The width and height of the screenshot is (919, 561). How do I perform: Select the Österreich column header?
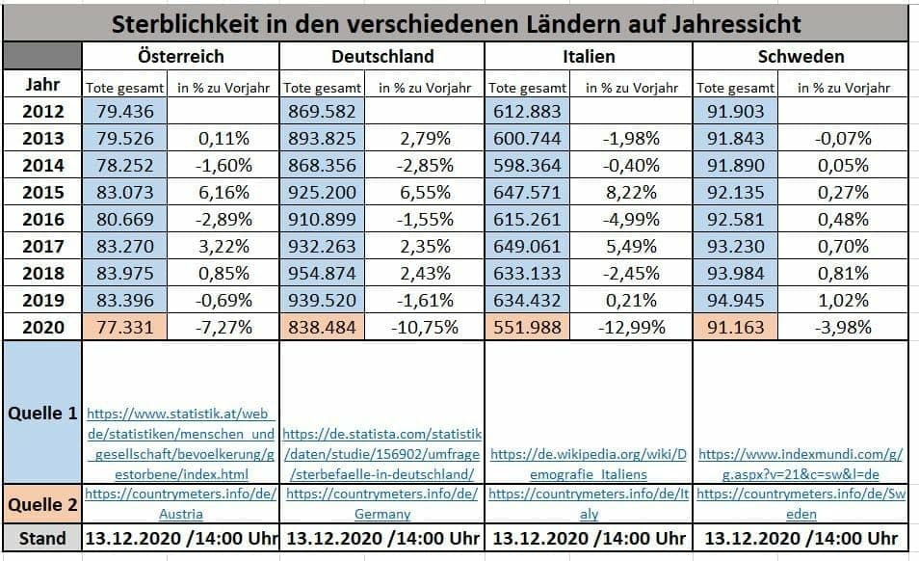(x=180, y=56)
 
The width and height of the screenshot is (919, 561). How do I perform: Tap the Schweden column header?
(x=800, y=56)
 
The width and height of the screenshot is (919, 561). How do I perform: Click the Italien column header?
(x=589, y=56)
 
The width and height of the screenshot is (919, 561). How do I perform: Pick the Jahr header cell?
(x=42, y=85)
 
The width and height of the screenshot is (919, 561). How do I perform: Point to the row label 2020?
(x=42, y=327)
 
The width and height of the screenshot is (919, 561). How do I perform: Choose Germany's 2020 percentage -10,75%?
(x=424, y=327)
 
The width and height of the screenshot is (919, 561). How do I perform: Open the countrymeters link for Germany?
(x=382, y=503)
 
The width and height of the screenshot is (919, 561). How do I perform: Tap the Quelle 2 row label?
(x=42, y=504)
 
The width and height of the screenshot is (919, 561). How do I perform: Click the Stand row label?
(x=42, y=538)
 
